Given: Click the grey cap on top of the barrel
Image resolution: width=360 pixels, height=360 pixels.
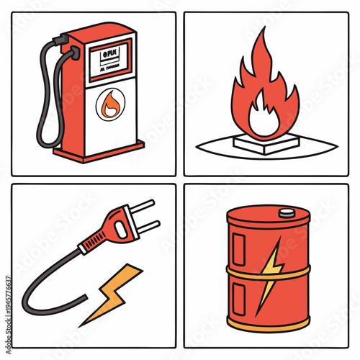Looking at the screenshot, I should click(287, 212).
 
